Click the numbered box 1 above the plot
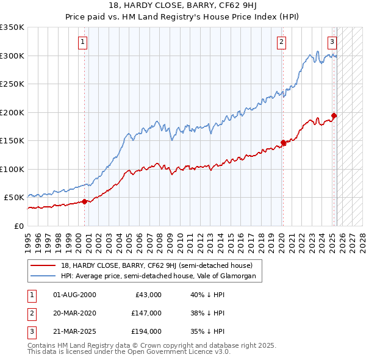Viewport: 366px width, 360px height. [x=82, y=42]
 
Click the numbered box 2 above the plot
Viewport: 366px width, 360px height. [x=281, y=42]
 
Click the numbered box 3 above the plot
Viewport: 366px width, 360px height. [x=332, y=42]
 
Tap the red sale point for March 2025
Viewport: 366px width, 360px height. [x=334, y=115]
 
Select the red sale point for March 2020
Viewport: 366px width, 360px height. [x=283, y=143]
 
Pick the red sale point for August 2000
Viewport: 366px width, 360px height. [x=84, y=201]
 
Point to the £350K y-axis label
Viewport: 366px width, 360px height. [x=12, y=27]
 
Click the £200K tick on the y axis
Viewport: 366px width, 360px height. [x=12, y=112]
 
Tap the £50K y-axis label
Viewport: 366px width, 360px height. [x=14, y=198]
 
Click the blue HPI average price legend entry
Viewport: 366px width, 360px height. [x=162, y=276]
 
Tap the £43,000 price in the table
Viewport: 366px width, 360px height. [x=148, y=294]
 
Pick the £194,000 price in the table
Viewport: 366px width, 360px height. [x=146, y=331]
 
